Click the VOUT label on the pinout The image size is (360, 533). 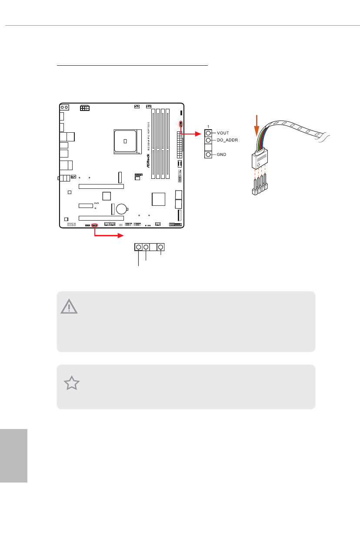point(223,133)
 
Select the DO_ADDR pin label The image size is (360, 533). point(227,141)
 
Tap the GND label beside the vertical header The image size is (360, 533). point(222,155)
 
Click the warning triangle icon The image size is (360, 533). point(69,307)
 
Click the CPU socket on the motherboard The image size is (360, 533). point(125,141)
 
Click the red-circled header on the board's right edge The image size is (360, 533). point(181,125)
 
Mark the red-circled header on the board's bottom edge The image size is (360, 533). point(95,225)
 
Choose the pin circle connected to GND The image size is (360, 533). point(209,155)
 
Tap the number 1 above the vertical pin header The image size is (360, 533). point(208,126)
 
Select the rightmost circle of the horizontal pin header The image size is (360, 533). point(161,247)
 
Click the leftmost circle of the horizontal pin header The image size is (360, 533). point(139,247)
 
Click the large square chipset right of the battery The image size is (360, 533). point(159,199)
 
